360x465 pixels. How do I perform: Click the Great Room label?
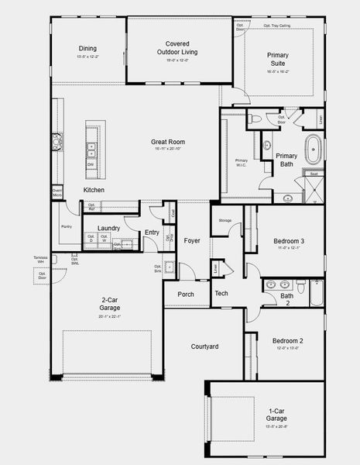click(167, 142)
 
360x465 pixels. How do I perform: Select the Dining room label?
click(87, 49)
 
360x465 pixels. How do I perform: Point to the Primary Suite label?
click(278, 60)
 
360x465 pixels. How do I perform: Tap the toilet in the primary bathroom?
click(255, 119)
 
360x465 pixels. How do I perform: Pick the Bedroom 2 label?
click(287, 341)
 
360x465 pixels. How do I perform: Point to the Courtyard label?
click(206, 346)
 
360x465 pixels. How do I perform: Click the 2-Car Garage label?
click(109, 304)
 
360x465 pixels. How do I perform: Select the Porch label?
click(186, 294)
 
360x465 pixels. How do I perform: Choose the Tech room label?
click(221, 294)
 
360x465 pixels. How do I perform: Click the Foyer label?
click(192, 241)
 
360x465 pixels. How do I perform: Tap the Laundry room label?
click(108, 228)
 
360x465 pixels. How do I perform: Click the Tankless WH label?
click(40, 260)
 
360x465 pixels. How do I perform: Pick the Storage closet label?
click(225, 221)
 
